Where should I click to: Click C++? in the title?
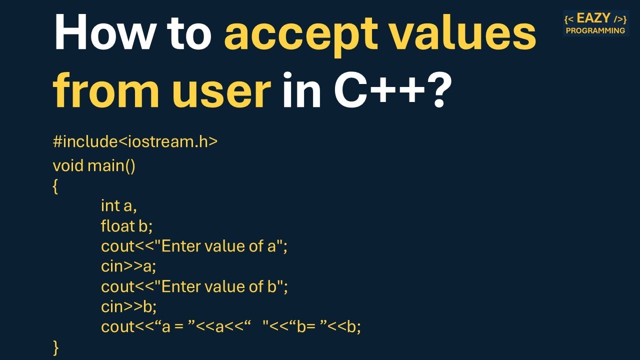pyautogui.click(x=390, y=91)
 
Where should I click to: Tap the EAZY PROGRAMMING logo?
pyautogui.click(x=595, y=23)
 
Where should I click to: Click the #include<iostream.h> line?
pyautogui.click(x=135, y=141)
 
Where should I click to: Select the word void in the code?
pyautogui.click(x=68, y=165)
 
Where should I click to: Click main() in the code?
pyautogui.click(x=111, y=165)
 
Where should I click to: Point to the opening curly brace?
pyautogui.click(x=55, y=187)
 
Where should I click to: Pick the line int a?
pyautogui.click(x=118, y=205)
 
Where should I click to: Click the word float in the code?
pyautogui.click(x=117, y=226)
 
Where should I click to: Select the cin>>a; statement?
pyautogui.click(x=128, y=266)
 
